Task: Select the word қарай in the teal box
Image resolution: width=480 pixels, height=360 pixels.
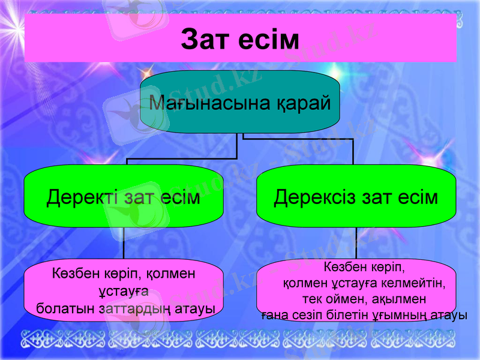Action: coord(304,103)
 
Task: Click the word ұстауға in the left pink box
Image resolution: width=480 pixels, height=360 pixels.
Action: coord(123,292)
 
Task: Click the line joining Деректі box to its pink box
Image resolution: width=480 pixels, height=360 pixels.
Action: coord(124,244)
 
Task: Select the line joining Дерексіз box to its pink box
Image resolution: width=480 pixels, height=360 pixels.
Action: coord(356,244)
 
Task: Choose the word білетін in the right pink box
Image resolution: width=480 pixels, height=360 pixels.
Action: coord(343,314)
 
